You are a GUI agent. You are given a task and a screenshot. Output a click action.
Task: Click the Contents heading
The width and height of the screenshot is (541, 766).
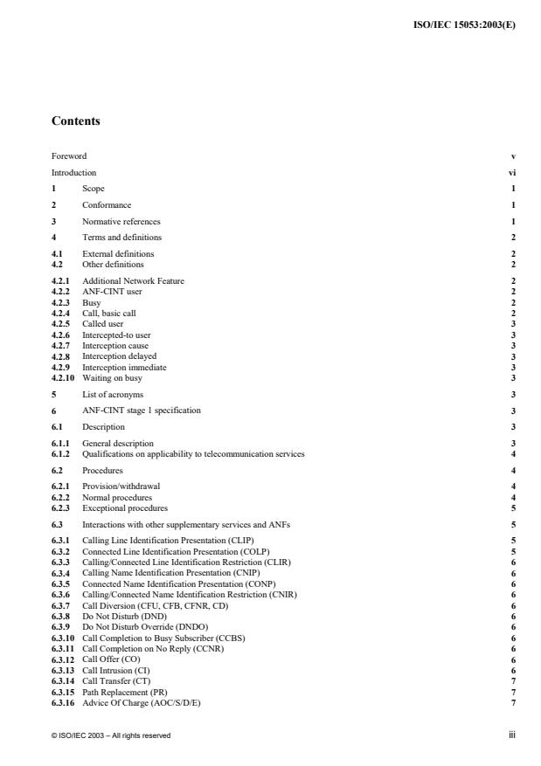[75, 121]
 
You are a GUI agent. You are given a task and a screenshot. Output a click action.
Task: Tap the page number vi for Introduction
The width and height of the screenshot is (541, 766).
[512, 173]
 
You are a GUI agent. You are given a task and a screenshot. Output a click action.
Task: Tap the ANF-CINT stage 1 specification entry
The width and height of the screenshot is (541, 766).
[141, 411]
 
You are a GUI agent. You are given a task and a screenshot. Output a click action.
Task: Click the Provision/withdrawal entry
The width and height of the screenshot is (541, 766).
[121, 485]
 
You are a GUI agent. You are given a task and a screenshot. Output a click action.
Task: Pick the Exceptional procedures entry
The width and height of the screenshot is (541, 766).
[125, 508]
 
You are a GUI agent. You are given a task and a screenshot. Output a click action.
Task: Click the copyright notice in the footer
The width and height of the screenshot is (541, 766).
[110, 735]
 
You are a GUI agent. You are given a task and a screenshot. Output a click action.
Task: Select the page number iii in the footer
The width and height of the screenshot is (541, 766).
[512, 735]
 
